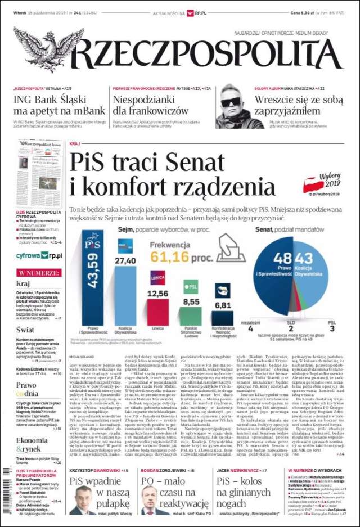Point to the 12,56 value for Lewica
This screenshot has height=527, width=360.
tap(157, 294)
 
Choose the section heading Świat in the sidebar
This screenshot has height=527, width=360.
tap(25, 329)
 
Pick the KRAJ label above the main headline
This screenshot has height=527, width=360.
tap(75, 144)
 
